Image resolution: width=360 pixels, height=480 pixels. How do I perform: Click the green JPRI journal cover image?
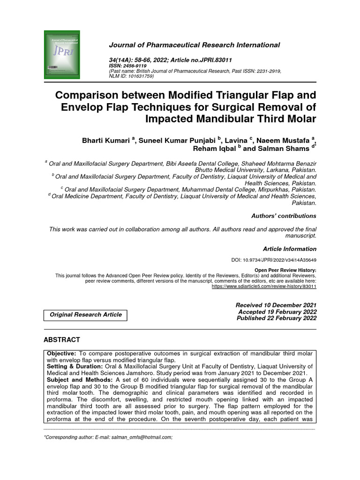pos(62,54)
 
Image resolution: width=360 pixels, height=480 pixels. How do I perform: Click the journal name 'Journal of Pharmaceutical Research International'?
pos(194,45)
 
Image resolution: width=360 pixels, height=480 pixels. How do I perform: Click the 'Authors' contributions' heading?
pos(284,216)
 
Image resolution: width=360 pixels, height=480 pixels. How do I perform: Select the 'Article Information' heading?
pos(289,249)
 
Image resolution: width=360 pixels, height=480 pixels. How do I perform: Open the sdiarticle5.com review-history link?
pos(264,286)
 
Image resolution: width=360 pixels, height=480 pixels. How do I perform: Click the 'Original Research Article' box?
pos(86,315)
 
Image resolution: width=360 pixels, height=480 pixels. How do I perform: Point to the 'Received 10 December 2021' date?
pos(276,305)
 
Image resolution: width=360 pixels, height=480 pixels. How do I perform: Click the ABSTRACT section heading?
pos(62,339)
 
